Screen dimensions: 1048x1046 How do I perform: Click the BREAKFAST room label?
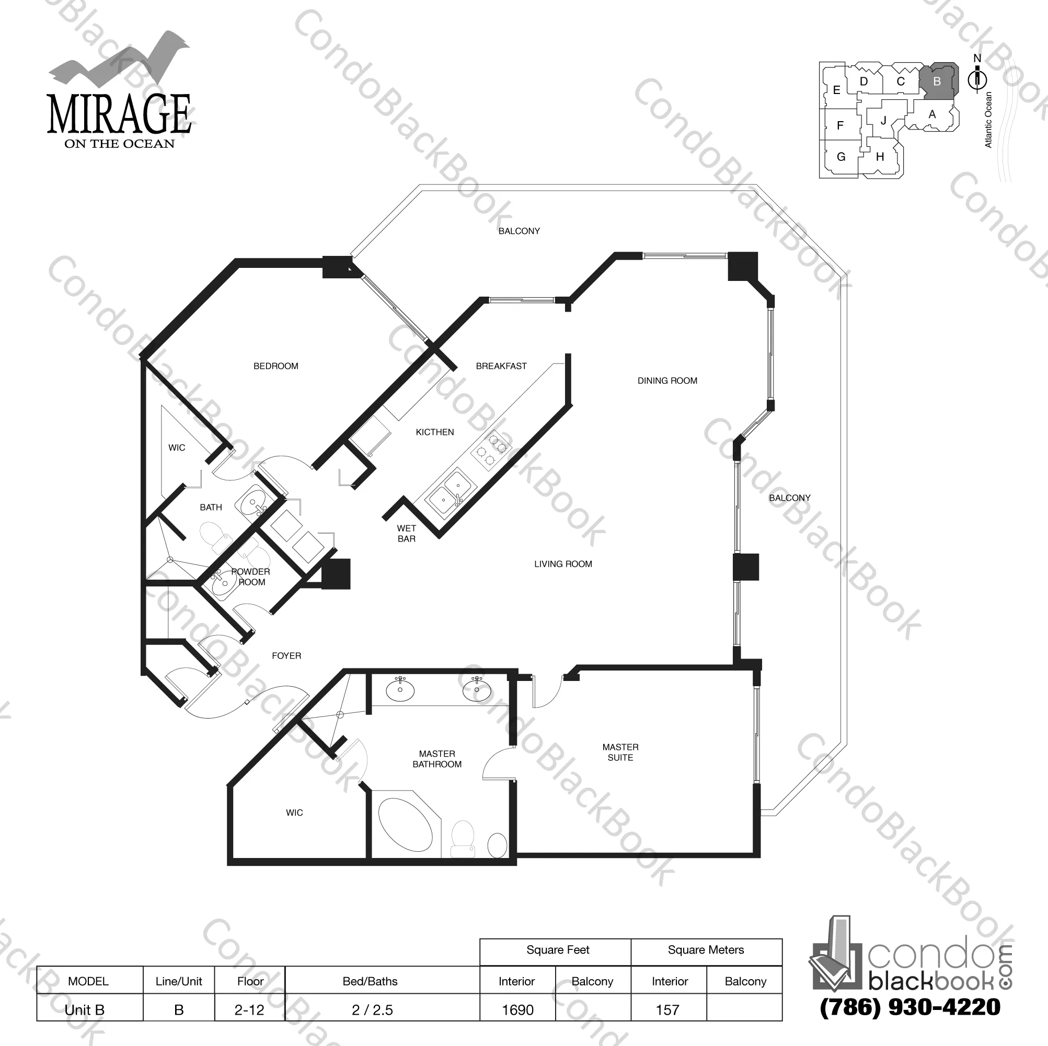tap(501, 366)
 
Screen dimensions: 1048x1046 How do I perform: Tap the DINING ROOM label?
tap(667, 381)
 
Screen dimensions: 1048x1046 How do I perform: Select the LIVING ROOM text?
tap(563, 563)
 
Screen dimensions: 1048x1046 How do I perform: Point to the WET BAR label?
tap(406, 533)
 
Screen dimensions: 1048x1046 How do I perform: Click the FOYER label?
tap(286, 656)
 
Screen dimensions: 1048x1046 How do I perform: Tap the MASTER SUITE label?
tap(620, 752)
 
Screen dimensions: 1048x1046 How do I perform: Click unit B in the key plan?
tap(937, 82)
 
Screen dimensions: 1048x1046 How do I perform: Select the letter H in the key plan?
tap(880, 157)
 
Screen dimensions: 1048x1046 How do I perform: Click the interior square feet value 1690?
tap(517, 1009)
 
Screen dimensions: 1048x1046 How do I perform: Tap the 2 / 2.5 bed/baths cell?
tap(372, 1009)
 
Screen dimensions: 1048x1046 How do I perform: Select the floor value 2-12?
tap(249, 1009)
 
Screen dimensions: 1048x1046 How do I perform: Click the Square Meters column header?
tap(706, 949)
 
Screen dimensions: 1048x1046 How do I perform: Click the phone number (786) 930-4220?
tap(909, 1006)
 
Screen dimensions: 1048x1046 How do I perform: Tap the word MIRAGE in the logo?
tap(119, 114)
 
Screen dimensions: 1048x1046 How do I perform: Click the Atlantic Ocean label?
tap(988, 119)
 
